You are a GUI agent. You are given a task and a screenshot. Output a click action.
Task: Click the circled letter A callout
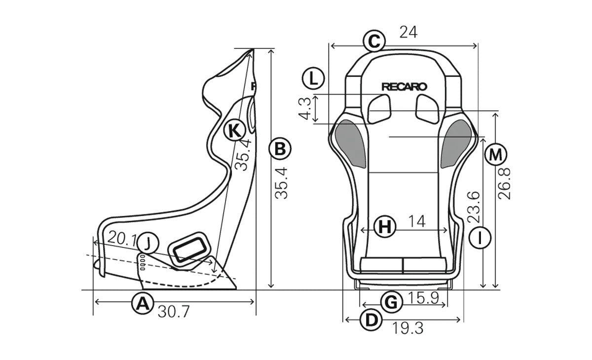pos(142,303)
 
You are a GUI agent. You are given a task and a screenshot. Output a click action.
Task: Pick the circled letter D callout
pos(371,320)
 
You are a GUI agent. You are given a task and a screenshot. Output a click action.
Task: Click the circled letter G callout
pos(390,302)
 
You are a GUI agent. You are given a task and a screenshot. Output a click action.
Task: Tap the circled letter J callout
pos(148,242)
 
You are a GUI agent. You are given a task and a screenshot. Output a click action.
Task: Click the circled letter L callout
pos(313,78)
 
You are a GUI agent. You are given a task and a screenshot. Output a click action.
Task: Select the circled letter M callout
pos(495,155)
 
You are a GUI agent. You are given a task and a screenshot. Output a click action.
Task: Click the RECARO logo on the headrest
pos(404,86)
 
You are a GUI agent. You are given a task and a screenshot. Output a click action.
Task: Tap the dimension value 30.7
pos(172,313)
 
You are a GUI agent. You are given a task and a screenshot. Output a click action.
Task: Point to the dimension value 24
pos(408,33)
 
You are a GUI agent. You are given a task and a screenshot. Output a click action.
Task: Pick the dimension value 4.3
pos(305,109)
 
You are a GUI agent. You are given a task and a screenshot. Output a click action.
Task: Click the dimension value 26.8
pos(505,182)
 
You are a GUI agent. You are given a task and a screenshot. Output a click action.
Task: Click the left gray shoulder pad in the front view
pos(350,142)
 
